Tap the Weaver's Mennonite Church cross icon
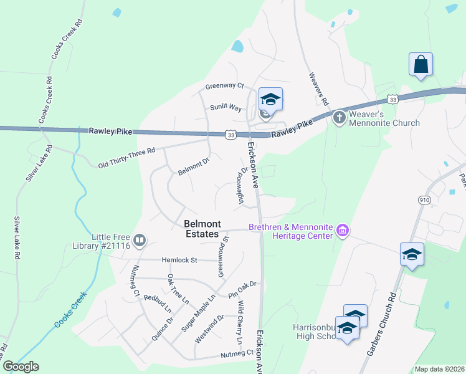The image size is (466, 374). pos(339,117)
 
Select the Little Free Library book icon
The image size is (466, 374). pos(140,240)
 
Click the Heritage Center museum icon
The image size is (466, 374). pos(342,231)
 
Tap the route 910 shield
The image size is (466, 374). pos(424,199)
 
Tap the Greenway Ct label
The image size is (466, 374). pos(225,86)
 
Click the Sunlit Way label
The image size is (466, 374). pos(225,107)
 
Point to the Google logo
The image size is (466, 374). pos(21,367)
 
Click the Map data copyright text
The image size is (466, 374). pos(439,369)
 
